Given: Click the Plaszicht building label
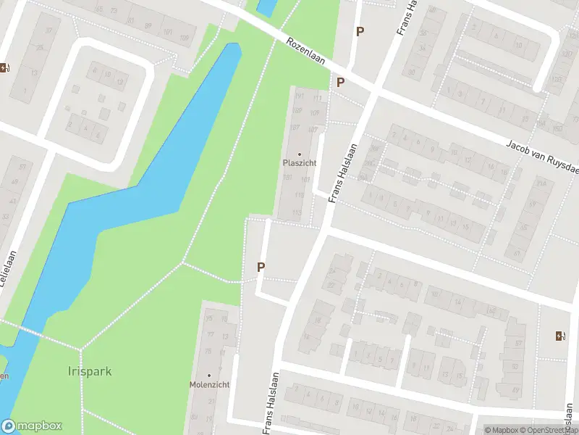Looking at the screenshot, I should point(299,163).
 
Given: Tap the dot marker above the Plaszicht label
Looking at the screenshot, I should point(300,154).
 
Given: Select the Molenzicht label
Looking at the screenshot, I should point(209,384).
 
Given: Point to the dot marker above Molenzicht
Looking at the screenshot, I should point(209,375).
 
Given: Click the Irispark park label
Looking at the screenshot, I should point(90,372).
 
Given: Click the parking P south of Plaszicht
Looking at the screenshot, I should point(261,267).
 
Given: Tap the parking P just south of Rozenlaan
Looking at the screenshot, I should point(339,83).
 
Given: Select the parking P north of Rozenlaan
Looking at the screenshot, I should point(360,31).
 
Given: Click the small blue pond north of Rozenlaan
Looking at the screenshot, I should point(266,7).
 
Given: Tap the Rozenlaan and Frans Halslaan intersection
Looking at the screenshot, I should point(374,91).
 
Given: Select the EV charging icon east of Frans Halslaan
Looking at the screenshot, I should point(559,335).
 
